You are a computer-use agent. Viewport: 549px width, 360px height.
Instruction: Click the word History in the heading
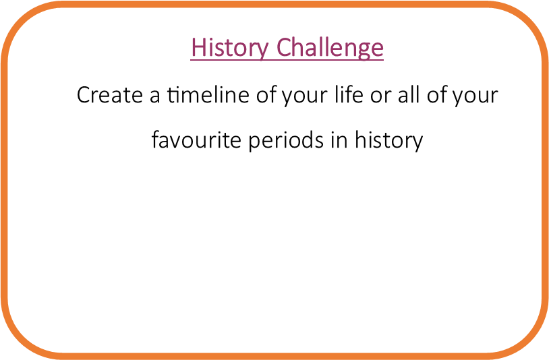point(230,48)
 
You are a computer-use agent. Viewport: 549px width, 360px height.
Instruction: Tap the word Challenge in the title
point(330,48)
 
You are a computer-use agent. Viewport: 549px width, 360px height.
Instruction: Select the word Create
point(109,94)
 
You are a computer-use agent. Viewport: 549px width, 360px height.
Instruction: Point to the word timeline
point(208,94)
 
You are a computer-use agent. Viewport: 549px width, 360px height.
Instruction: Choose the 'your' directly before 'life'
point(305,98)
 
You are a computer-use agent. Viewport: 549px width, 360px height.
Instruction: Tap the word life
point(349,94)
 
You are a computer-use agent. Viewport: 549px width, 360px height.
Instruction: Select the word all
point(408,94)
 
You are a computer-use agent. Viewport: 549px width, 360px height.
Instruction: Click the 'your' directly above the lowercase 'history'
point(475,98)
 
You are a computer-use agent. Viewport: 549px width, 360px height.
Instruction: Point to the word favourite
point(196,140)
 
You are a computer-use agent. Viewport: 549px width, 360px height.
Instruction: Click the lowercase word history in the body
point(388,141)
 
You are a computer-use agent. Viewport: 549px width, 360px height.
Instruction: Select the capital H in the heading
point(198,47)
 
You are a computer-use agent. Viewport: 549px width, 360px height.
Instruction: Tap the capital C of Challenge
point(285,47)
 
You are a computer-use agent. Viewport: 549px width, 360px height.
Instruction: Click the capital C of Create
point(84,95)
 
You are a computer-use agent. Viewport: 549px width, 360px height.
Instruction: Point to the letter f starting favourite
point(156,140)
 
